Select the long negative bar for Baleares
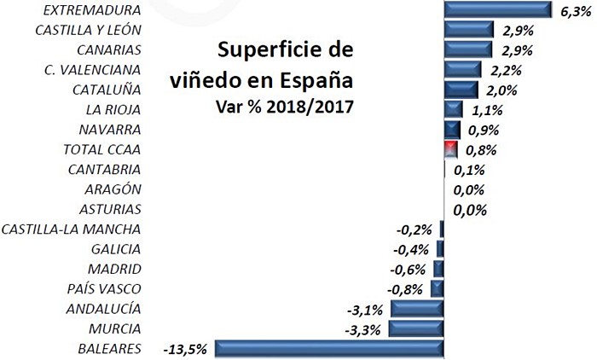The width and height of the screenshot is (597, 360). tap(329, 348)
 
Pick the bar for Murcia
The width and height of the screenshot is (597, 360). tap(416, 328)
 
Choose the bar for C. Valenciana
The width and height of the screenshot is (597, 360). tap(463, 69)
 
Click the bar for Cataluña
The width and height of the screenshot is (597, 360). tap(461, 89)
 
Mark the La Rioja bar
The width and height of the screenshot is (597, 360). tap(453, 109)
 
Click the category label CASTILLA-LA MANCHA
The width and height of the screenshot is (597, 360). tap(72, 229)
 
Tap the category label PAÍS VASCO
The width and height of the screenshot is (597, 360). tap(102, 288)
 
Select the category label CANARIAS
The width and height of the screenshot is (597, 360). tap(108, 49)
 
